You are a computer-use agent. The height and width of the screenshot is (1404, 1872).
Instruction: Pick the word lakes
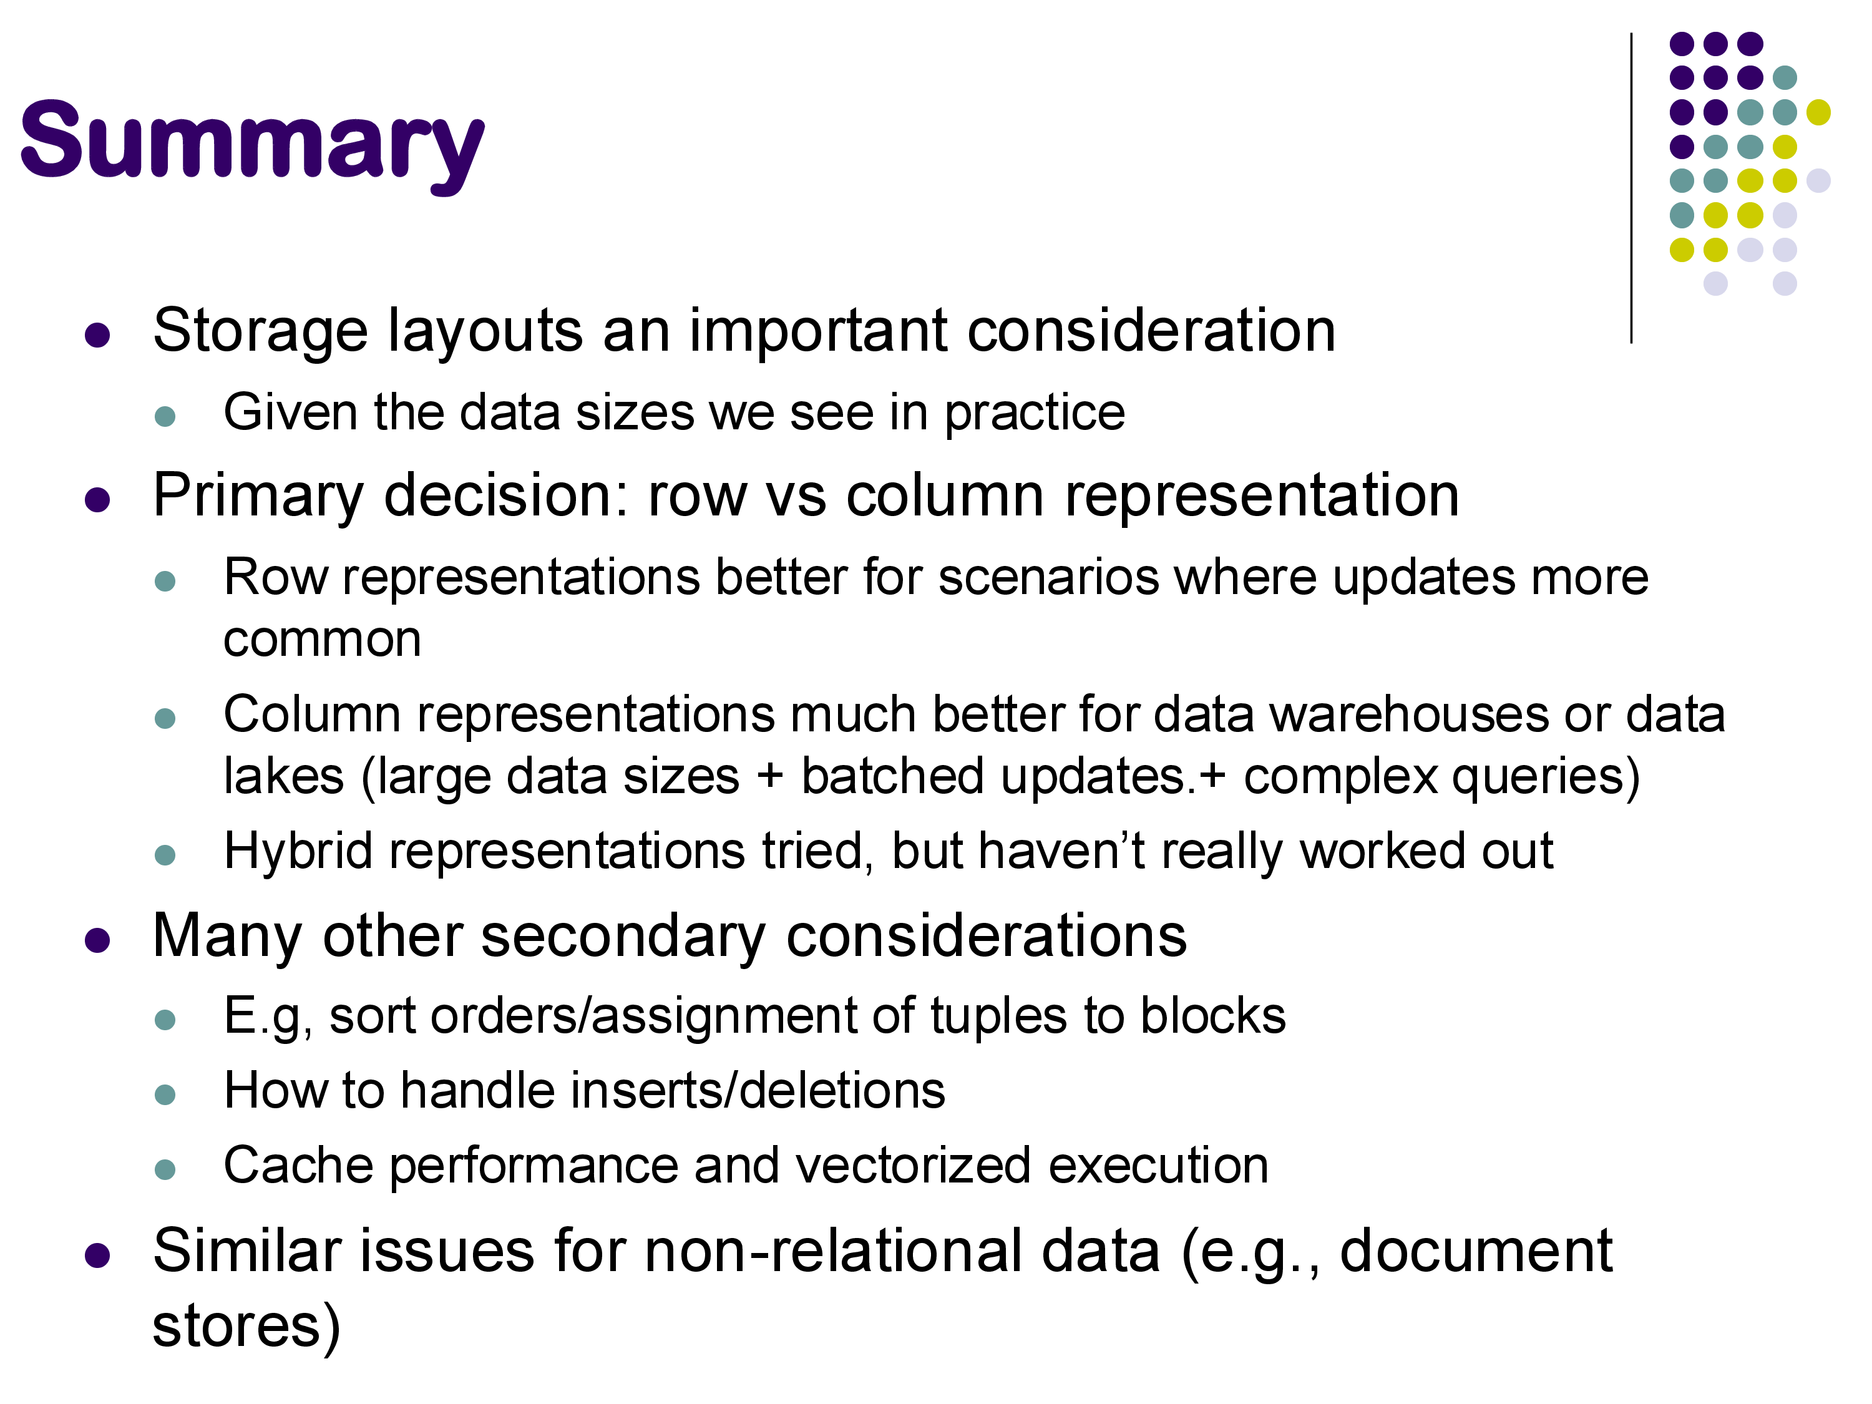[283, 776]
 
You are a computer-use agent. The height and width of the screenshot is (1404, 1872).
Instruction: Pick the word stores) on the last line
[246, 1326]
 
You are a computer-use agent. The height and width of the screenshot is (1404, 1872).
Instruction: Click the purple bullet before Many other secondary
[97, 941]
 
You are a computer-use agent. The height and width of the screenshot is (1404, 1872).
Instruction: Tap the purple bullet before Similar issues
[97, 1256]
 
